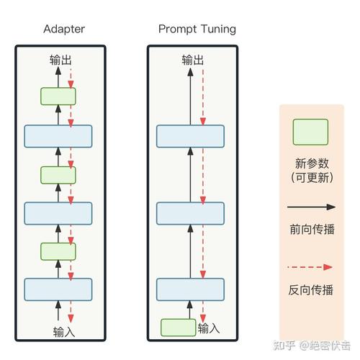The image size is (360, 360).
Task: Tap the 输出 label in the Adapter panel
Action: click(x=60, y=60)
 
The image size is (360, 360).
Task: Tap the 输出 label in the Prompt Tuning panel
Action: click(x=192, y=60)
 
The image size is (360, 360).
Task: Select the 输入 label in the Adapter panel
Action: click(x=63, y=331)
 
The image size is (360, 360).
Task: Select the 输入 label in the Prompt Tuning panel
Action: click(x=209, y=328)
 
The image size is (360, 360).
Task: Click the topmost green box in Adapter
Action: click(x=58, y=96)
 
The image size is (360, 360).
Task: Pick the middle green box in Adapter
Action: click(x=58, y=174)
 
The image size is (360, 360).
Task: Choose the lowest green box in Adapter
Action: click(x=58, y=251)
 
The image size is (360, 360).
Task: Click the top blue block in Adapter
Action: click(x=58, y=136)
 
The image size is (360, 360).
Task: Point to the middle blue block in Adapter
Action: click(x=58, y=213)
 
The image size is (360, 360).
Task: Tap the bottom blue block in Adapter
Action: click(x=58, y=289)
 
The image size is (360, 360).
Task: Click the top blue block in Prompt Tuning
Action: click(x=191, y=136)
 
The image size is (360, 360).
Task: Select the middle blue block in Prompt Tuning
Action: click(x=191, y=213)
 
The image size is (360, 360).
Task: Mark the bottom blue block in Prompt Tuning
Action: click(x=191, y=289)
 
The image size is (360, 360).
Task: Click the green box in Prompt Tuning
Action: click(x=178, y=328)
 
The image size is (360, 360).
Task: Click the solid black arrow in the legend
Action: click(x=311, y=207)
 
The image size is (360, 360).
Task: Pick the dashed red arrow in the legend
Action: click(x=311, y=267)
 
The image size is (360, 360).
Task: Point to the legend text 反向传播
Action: click(x=311, y=290)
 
